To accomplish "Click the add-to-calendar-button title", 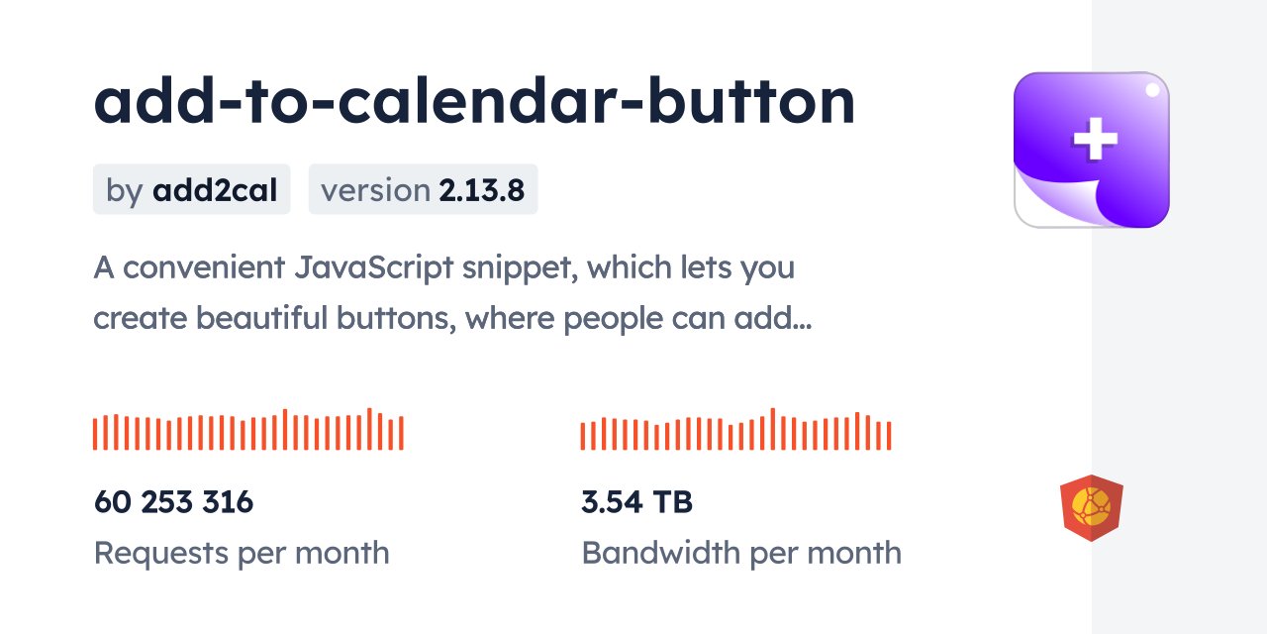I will [x=474, y=102].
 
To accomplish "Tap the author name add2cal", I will [x=215, y=190].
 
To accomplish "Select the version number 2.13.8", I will [x=482, y=190].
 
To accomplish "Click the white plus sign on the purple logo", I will [x=1095, y=139].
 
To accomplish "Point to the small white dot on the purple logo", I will [x=1152, y=90].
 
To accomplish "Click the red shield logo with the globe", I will [x=1091, y=508].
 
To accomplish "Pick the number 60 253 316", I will [x=174, y=502].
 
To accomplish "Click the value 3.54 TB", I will [x=636, y=502].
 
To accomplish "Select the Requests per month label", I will [x=242, y=553].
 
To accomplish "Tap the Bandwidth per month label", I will [x=741, y=553].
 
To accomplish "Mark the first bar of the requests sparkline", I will [x=95, y=434].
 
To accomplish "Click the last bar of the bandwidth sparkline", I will [x=889, y=436].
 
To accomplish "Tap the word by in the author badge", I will [x=125, y=190].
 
